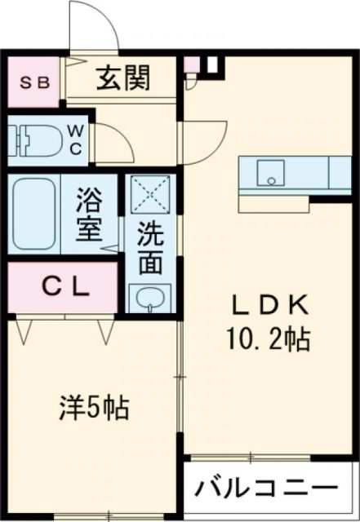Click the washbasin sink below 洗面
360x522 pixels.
point(149,298)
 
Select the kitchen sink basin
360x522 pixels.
point(270,173)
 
